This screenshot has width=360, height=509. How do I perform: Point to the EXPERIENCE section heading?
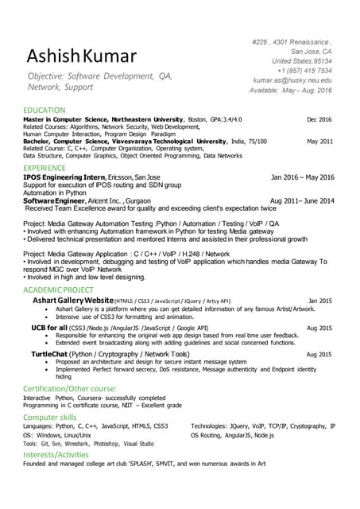[x=45, y=168]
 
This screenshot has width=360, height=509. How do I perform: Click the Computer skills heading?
[x=50, y=416]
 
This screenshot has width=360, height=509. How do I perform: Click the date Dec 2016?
[x=319, y=119]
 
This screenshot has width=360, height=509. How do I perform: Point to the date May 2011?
[x=319, y=141]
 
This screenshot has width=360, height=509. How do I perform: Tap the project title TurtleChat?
[x=52, y=353]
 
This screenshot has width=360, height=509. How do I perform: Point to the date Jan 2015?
[x=319, y=301]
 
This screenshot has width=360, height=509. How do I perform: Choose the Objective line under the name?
[x=100, y=80]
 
